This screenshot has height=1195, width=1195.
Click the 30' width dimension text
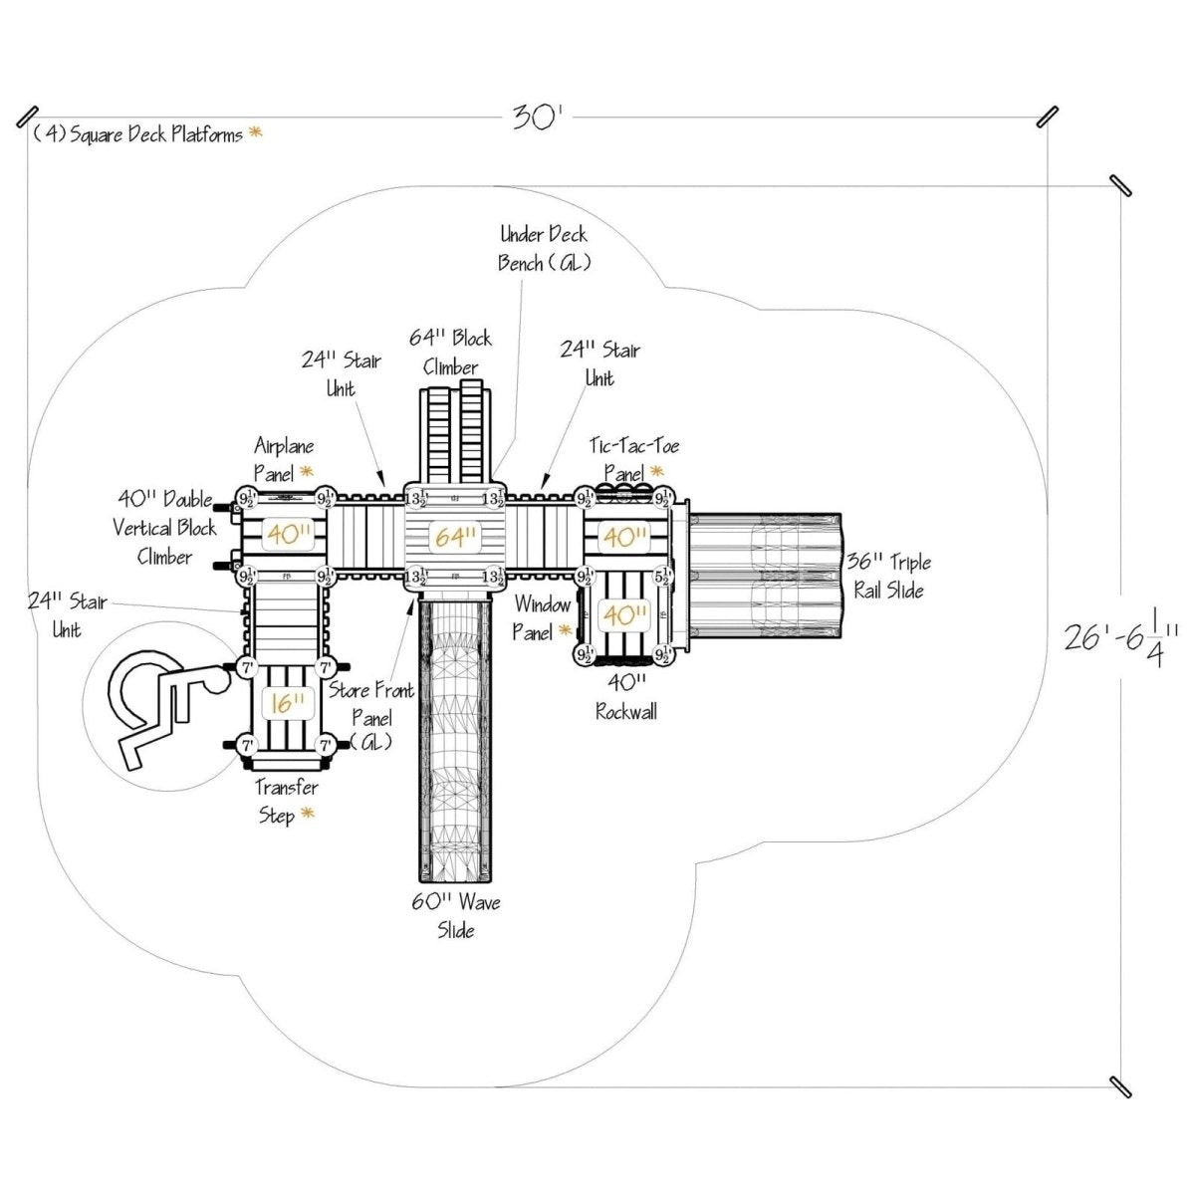[x=538, y=119]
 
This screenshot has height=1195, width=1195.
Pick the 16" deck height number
[x=286, y=704]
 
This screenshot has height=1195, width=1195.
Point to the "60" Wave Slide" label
[x=456, y=916]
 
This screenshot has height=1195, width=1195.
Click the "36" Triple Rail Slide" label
[x=889, y=577]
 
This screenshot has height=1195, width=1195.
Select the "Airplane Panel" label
[x=284, y=459]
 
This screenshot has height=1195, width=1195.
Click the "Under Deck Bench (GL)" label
[x=544, y=248]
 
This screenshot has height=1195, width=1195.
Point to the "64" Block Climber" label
[x=451, y=353]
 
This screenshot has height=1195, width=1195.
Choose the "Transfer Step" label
[x=286, y=802]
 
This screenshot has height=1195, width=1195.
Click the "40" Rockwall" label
[x=625, y=696]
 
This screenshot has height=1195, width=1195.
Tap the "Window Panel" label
[x=543, y=617]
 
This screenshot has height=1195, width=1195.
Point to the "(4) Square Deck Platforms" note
[x=139, y=134]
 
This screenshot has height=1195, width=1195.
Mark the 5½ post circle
[x=663, y=576]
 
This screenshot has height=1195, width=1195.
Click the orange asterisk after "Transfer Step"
[x=308, y=815]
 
